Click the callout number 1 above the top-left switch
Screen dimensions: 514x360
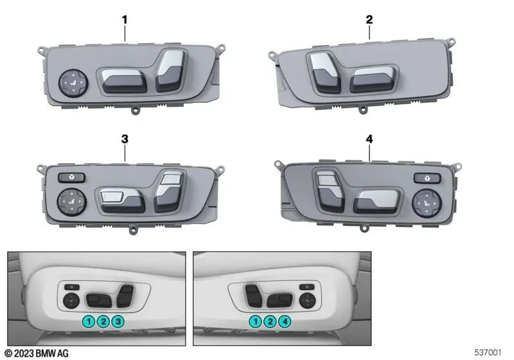[125, 20]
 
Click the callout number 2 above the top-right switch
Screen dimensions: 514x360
[369, 20]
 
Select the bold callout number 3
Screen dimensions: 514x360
[125, 139]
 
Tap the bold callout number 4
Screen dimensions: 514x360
[369, 139]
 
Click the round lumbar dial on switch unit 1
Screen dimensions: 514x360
[73, 83]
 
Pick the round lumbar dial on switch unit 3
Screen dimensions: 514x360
[72, 202]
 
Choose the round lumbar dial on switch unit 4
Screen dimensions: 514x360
[427, 203]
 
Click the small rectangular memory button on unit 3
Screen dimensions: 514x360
[71, 177]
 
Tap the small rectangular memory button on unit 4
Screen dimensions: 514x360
[427, 178]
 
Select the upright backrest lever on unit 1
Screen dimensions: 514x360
[170, 70]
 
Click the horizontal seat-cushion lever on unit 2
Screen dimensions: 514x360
[373, 80]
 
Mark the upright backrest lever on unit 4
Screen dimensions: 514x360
[330, 191]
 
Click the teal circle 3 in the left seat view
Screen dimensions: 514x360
[118, 321]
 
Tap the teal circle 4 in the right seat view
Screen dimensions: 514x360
[285, 321]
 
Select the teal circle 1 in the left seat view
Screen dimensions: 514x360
[89, 321]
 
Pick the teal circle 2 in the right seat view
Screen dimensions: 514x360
[270, 321]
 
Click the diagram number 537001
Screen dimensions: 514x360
[488, 352]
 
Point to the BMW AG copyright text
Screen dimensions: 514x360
[37, 353]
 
